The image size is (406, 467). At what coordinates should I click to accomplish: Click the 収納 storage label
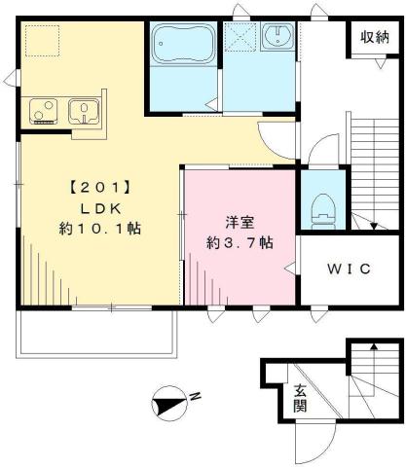(375, 38)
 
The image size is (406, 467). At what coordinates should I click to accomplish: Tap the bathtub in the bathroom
(182, 46)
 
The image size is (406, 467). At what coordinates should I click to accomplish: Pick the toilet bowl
(318, 205)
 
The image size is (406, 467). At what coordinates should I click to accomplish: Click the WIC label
(348, 269)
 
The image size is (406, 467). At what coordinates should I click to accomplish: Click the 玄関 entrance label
(300, 398)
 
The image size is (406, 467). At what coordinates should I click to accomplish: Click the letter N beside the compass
(195, 396)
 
